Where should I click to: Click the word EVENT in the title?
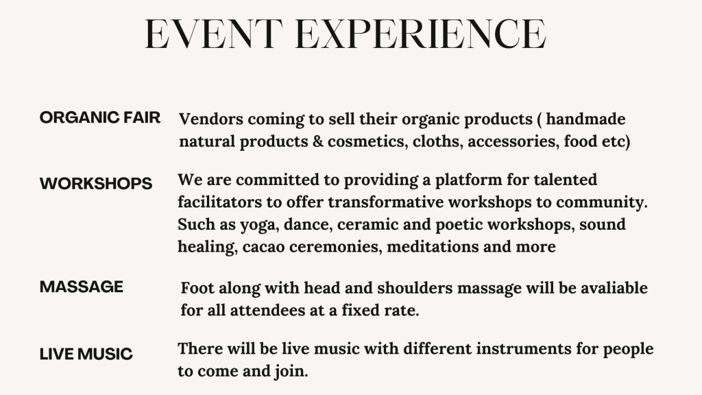tap(214, 34)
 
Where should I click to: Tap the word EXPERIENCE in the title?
tap(421, 34)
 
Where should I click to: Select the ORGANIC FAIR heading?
tap(100, 118)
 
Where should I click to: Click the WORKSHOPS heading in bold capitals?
tap(96, 184)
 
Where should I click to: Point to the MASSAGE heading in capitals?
tap(82, 287)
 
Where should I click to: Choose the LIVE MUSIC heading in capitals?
tap(86, 354)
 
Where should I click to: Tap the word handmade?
tap(585, 119)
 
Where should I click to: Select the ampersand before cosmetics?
tap(318, 141)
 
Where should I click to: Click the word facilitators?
tap(220, 202)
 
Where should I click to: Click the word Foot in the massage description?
tap(197, 287)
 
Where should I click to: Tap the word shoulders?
tap(411, 287)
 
